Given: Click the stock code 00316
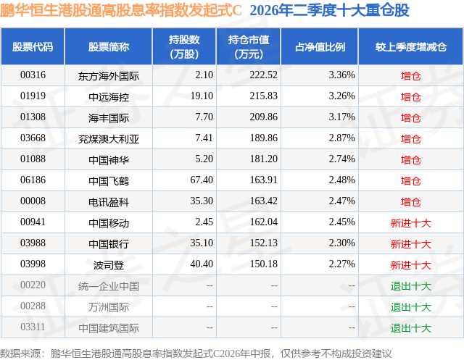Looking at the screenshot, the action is point(33,75).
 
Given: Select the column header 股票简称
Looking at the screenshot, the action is point(109,46).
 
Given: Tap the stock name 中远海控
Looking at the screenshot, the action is point(109,96).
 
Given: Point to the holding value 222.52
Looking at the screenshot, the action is point(263,75).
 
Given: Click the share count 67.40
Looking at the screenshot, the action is point(202,180).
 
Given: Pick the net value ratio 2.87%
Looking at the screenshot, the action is point(341,138).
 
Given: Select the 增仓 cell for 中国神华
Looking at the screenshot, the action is point(411,160).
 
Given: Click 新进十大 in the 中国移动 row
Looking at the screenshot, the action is point(411,223).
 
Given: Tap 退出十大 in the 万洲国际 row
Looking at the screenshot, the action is point(411,307).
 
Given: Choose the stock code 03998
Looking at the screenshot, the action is point(33,264).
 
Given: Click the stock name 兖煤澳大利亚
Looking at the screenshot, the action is point(109,139).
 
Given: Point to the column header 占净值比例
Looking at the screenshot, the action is point(320,46).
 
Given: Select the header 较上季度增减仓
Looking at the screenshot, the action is point(411,46).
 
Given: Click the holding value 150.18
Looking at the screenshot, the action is point(263,264).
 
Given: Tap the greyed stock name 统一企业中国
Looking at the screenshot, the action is point(109,286).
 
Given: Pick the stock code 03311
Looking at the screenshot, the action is point(33,327).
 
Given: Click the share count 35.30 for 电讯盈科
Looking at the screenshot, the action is point(202,201).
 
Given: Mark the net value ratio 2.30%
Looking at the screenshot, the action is point(341,243).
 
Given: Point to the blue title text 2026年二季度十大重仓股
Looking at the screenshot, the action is point(329,11).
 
